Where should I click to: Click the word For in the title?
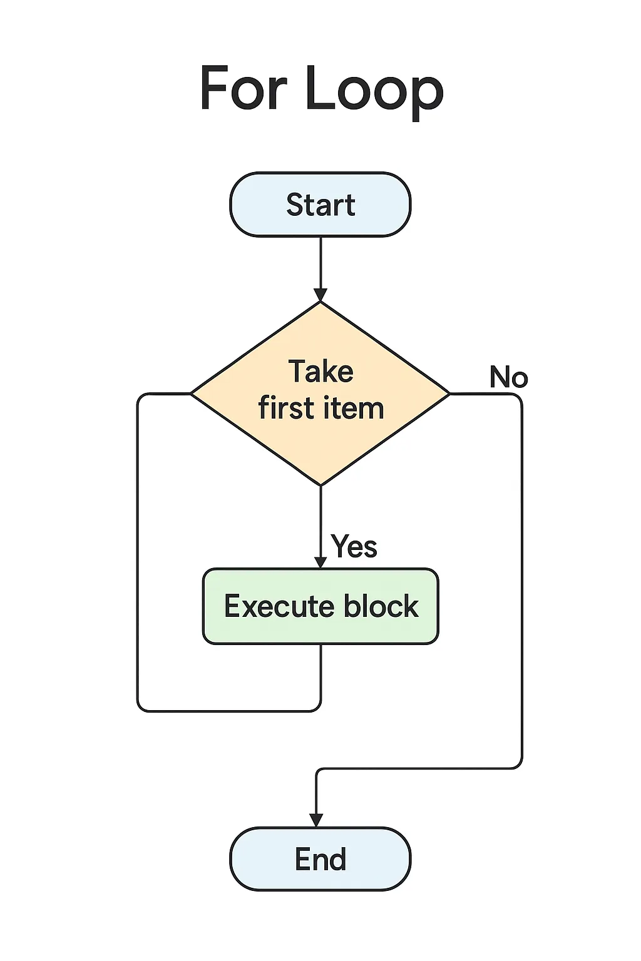tap(244, 89)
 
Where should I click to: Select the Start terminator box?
tap(320, 205)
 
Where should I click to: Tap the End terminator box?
tap(320, 859)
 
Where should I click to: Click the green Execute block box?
tap(320, 606)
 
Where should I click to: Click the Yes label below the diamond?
tap(354, 546)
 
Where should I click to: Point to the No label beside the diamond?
tap(508, 377)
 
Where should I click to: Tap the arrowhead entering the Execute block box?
tap(320, 561)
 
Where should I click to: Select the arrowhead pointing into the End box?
tap(316, 820)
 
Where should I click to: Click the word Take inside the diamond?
tap(320, 372)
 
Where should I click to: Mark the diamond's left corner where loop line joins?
tap(191, 394)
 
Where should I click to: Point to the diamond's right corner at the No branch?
tap(449, 394)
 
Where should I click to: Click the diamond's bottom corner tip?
tap(320, 484)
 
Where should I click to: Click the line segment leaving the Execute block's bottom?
tap(320, 676)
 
